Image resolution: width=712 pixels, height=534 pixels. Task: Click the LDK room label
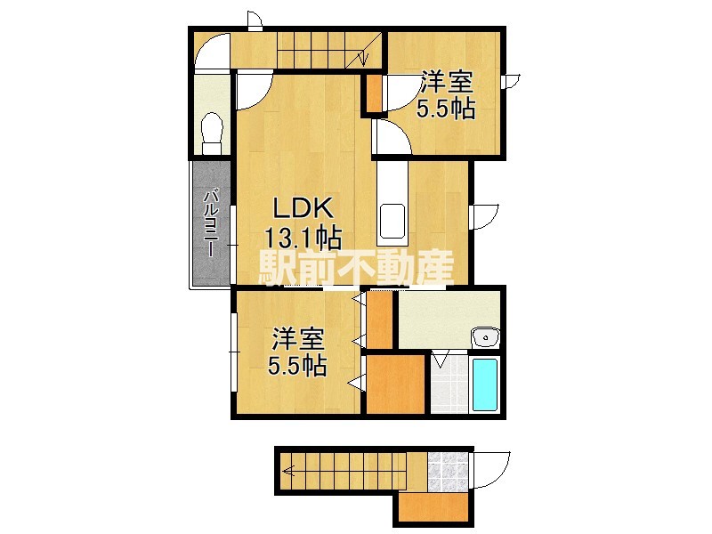point(302,210)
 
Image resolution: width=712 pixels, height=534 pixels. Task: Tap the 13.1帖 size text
point(303,238)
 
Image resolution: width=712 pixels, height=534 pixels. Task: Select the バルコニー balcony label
point(211,222)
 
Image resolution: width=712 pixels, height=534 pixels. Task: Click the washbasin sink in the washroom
point(485,337)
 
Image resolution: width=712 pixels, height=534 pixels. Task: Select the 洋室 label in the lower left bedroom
point(298,339)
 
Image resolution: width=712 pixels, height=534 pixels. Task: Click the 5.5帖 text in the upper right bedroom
point(446,109)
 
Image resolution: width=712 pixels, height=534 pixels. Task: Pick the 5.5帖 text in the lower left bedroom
point(298,366)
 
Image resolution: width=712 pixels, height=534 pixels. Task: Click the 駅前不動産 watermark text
point(356,266)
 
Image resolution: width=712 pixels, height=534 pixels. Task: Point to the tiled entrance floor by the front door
point(447,473)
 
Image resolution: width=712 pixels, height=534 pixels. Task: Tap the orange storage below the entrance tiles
point(433,509)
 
